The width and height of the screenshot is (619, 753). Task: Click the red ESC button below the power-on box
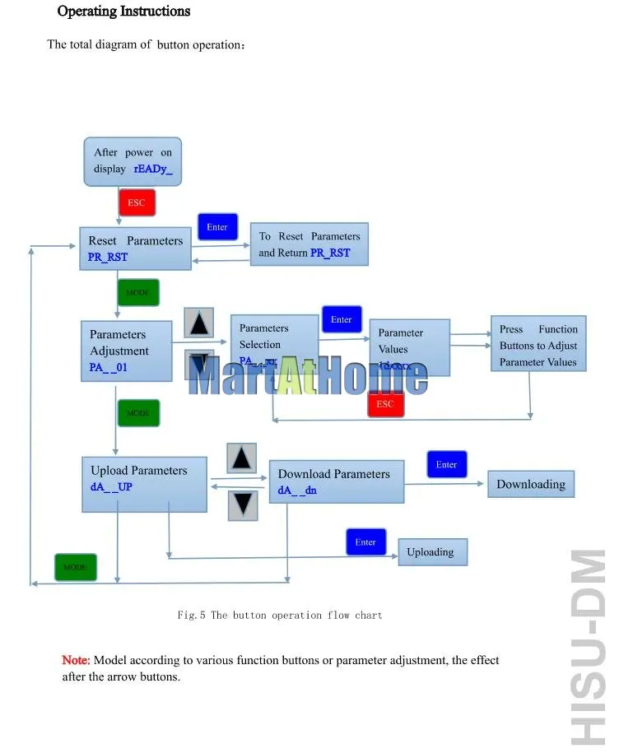click(x=137, y=202)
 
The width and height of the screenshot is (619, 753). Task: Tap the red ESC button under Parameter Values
click(x=385, y=404)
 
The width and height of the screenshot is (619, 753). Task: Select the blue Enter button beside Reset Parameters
click(x=217, y=227)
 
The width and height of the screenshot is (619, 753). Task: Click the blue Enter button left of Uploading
click(x=365, y=542)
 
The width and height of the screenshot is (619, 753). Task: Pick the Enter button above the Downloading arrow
click(x=446, y=465)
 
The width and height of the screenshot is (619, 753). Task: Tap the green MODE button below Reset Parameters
click(x=137, y=292)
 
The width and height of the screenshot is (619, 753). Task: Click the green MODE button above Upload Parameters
click(x=137, y=412)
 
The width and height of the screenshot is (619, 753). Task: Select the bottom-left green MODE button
click(x=75, y=567)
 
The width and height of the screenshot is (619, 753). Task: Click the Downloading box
click(x=531, y=484)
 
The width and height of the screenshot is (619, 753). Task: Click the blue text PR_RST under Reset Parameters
click(x=109, y=257)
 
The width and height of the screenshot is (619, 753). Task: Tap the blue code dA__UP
click(x=112, y=486)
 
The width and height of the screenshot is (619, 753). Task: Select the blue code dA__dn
click(x=297, y=490)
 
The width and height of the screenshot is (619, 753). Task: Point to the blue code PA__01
click(x=109, y=367)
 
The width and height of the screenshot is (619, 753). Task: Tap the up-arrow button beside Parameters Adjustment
click(x=198, y=323)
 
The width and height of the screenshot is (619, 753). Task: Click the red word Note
click(x=76, y=660)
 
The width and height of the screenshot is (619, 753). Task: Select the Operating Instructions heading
click(x=123, y=12)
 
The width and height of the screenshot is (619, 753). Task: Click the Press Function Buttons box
click(x=538, y=346)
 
